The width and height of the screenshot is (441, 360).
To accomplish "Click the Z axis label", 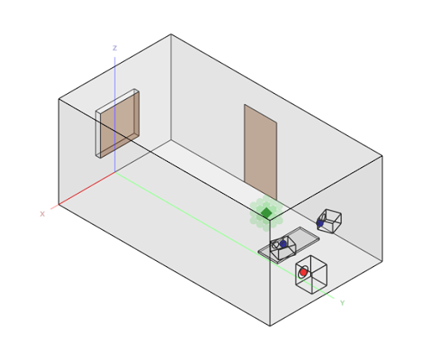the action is click(x=115, y=48).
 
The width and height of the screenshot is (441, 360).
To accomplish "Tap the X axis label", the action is click(x=42, y=214).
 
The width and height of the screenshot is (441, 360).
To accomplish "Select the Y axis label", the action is click(x=342, y=303).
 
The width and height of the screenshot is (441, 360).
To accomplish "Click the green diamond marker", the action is click(x=266, y=213).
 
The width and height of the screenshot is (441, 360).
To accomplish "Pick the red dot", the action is click(x=303, y=272).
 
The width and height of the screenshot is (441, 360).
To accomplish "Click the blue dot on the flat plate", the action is click(x=283, y=244).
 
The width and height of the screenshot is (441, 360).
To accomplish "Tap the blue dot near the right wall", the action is click(x=320, y=223).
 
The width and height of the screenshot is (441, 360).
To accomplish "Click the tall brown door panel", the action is click(x=260, y=152).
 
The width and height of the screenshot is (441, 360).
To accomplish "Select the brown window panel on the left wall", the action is click(x=120, y=123).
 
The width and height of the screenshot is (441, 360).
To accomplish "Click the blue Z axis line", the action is click(x=115, y=115).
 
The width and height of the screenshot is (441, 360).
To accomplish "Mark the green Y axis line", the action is click(x=225, y=235).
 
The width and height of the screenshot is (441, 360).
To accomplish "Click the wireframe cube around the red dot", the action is click(x=311, y=275).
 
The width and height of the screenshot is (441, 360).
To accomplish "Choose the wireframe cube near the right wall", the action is click(x=329, y=221).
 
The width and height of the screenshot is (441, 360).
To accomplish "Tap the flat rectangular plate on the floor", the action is click(x=289, y=245).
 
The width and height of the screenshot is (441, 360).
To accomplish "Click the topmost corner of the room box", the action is click(x=171, y=34).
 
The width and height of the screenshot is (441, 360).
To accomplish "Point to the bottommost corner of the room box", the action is click(x=270, y=326).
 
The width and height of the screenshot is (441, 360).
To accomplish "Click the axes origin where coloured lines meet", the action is click(x=115, y=172).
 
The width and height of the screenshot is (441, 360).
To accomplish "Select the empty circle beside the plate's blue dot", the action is click(x=276, y=245).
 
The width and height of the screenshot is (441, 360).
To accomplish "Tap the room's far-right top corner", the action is click(x=382, y=156).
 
